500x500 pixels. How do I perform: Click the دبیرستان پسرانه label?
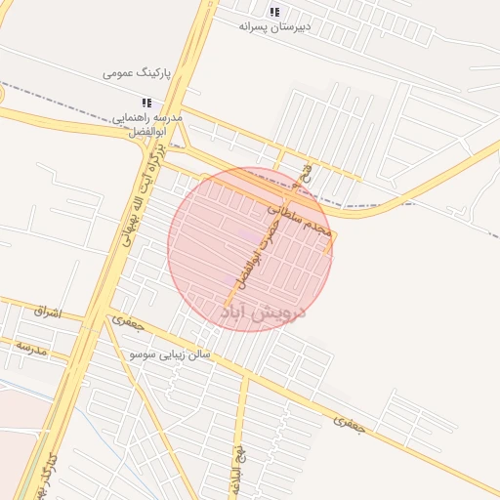pos(274,26)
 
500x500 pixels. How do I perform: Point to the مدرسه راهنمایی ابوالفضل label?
pos(148,124)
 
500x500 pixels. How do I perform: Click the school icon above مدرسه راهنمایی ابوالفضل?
pos(147,103)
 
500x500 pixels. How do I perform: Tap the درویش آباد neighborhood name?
pos(265,312)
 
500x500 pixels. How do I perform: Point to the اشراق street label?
pos(47,312)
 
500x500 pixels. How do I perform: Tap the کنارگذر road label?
pos(45,479)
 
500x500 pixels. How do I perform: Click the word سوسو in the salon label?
pos(144,353)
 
